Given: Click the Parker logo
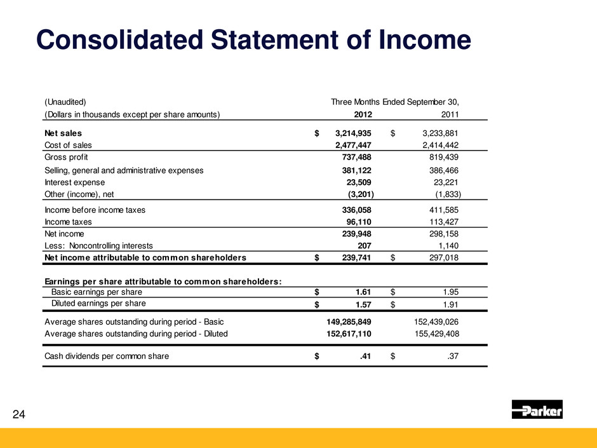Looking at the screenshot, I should click(x=537, y=409).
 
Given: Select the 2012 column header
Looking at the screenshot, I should click(x=363, y=115).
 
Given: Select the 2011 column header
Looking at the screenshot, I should click(x=450, y=115).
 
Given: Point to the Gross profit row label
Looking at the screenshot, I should click(x=66, y=157).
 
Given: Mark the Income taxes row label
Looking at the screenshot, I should click(x=68, y=222).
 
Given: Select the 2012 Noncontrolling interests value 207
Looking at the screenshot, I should click(x=364, y=245).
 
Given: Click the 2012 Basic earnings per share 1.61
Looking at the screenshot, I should click(x=362, y=292).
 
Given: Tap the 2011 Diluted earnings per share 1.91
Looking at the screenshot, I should click(x=450, y=304).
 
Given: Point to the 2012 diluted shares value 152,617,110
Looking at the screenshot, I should click(x=349, y=333).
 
